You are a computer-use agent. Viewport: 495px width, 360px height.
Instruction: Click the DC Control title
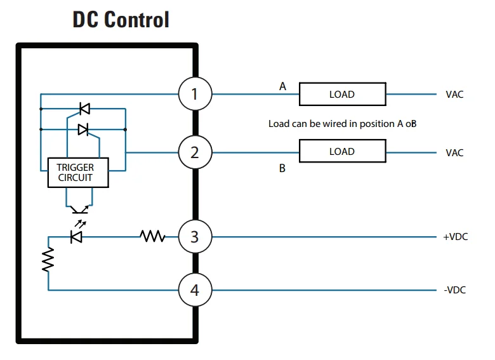tap(121, 20)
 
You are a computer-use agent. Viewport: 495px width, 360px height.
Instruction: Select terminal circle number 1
tap(194, 95)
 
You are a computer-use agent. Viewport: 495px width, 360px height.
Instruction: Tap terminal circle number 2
tap(194, 152)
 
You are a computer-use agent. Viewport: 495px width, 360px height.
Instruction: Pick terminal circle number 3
tap(194, 237)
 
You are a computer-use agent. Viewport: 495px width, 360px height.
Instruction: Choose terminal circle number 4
tap(194, 290)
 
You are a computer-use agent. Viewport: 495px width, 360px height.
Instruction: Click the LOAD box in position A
tap(342, 95)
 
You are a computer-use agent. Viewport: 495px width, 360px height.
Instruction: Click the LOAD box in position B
tap(342, 152)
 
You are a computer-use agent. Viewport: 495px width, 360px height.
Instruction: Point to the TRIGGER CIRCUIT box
tap(78, 173)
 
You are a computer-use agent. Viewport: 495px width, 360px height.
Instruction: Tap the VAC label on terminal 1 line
tap(454, 95)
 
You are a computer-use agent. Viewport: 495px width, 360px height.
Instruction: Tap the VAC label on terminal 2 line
tap(454, 152)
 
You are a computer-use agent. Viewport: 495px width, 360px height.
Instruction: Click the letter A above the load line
tap(283, 86)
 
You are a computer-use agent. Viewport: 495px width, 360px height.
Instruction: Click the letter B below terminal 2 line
tap(282, 169)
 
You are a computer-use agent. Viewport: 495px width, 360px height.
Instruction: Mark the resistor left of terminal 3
tap(152, 237)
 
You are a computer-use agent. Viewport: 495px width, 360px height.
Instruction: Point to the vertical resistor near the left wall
tap(48, 259)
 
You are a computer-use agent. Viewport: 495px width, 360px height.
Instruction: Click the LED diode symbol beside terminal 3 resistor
tap(77, 237)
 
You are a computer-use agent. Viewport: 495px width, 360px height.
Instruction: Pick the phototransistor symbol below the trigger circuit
tap(79, 208)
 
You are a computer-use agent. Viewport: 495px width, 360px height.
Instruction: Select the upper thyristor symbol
tap(84, 109)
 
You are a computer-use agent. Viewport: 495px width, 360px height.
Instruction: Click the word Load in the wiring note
tap(279, 124)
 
